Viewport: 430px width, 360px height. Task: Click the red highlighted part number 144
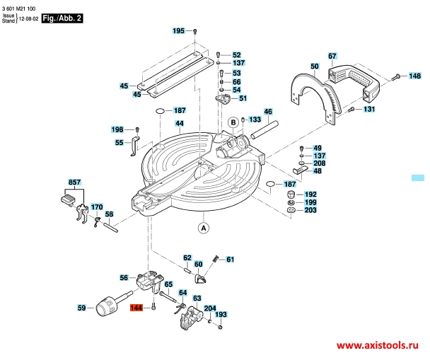[136, 308]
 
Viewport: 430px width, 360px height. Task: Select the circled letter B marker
[231, 122]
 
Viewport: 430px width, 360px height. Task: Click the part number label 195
[178, 30]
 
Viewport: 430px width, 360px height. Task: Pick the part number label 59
[81, 308]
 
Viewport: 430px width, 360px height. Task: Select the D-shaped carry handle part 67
[354, 81]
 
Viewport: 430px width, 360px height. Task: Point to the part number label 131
[369, 110]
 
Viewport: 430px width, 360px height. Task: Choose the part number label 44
[180, 123]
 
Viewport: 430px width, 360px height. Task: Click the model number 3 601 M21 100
[22, 6]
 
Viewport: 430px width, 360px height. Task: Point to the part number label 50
[314, 68]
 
